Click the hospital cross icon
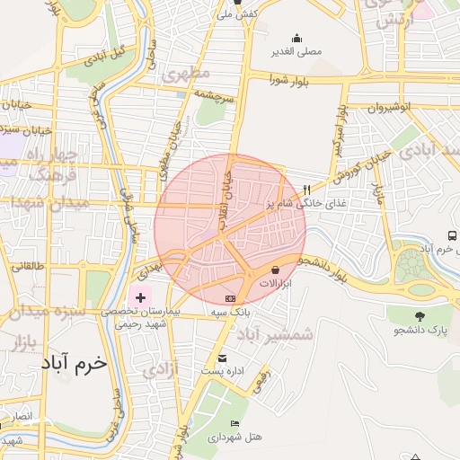tap(140, 296)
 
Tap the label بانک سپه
tap(230, 311)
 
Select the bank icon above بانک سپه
tap(231, 297)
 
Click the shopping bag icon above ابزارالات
tap(274, 269)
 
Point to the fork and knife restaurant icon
tap(307, 190)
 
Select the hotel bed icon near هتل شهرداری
tap(235, 423)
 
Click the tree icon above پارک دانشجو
tap(420, 315)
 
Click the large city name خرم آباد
tap(74, 364)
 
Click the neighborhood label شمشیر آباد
tap(276, 333)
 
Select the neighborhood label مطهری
tap(187, 74)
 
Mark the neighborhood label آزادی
tap(163, 368)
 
